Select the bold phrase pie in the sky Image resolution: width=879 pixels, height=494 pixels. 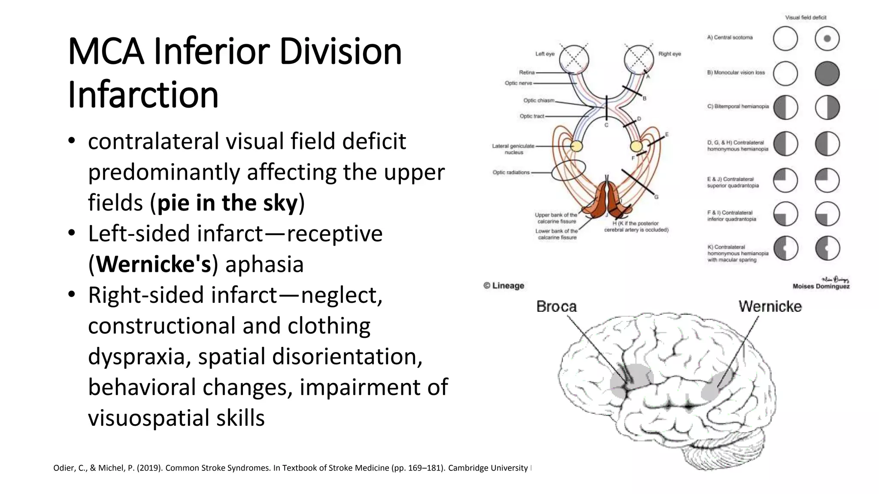[227, 203]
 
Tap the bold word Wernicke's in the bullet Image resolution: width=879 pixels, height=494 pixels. [154, 264]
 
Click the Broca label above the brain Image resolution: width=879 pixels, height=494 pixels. [556, 307]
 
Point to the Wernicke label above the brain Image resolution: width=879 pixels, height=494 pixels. [770, 307]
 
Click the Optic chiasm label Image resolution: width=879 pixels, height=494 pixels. [539, 100]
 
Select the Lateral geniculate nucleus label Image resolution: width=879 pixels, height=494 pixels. [513, 149]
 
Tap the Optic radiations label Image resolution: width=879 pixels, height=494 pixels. [511, 172]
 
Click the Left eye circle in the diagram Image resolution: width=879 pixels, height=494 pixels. [574, 59]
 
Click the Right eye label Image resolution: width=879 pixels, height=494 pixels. [670, 54]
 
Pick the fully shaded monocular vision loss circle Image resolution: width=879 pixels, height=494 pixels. [827, 73]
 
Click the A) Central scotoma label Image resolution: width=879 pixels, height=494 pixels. [730, 38]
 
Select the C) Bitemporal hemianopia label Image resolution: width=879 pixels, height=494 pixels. [738, 106]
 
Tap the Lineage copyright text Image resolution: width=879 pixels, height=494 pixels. [504, 286]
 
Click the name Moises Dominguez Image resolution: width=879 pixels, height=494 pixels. [821, 286]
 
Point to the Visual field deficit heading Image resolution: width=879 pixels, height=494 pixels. [806, 18]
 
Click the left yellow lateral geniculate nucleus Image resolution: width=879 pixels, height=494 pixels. [577, 146]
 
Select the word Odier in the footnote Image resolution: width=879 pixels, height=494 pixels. [63, 468]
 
